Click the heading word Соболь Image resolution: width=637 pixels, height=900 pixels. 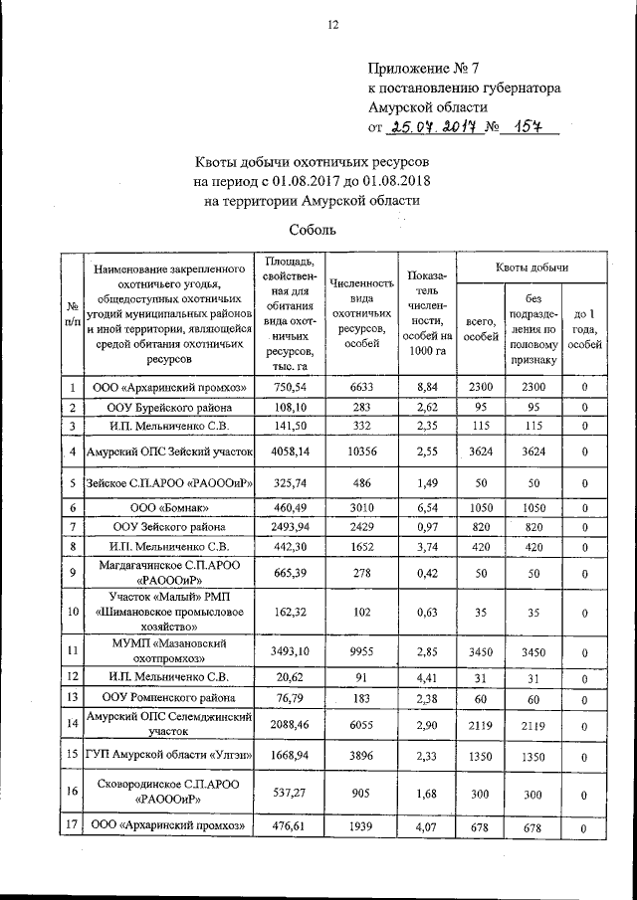coord(316,230)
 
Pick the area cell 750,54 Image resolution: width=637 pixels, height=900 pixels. coord(288,388)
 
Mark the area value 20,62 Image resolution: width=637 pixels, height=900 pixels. coord(288,675)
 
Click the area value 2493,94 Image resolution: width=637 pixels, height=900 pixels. coord(288,525)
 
